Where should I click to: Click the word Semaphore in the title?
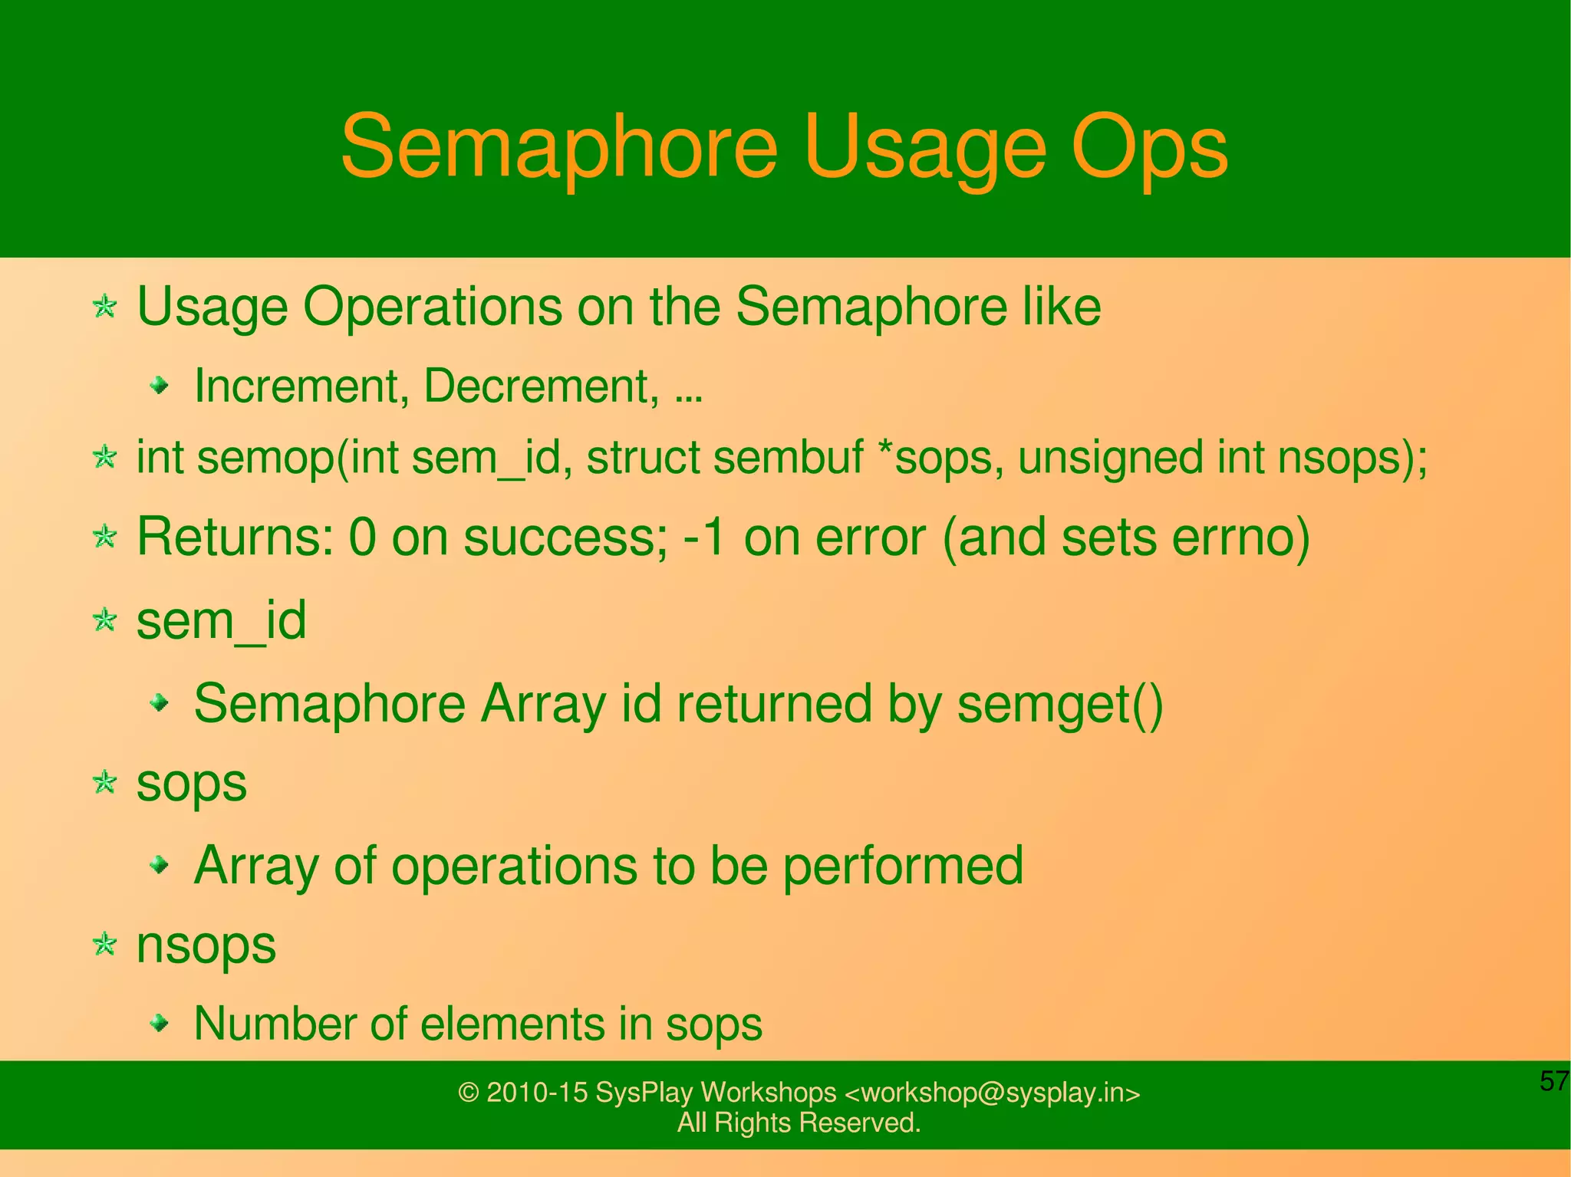click(x=558, y=146)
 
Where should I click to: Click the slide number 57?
click(x=1554, y=1081)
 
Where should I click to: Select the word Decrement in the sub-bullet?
click(x=540, y=386)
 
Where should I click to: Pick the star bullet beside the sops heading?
click(x=104, y=783)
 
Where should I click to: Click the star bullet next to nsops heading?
click(x=104, y=944)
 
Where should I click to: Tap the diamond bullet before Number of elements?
click(x=159, y=1022)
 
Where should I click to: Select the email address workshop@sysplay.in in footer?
click(x=992, y=1093)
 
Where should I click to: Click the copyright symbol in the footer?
click(x=468, y=1093)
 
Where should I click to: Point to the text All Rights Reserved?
click(x=799, y=1123)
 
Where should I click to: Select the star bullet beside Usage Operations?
click(x=104, y=307)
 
